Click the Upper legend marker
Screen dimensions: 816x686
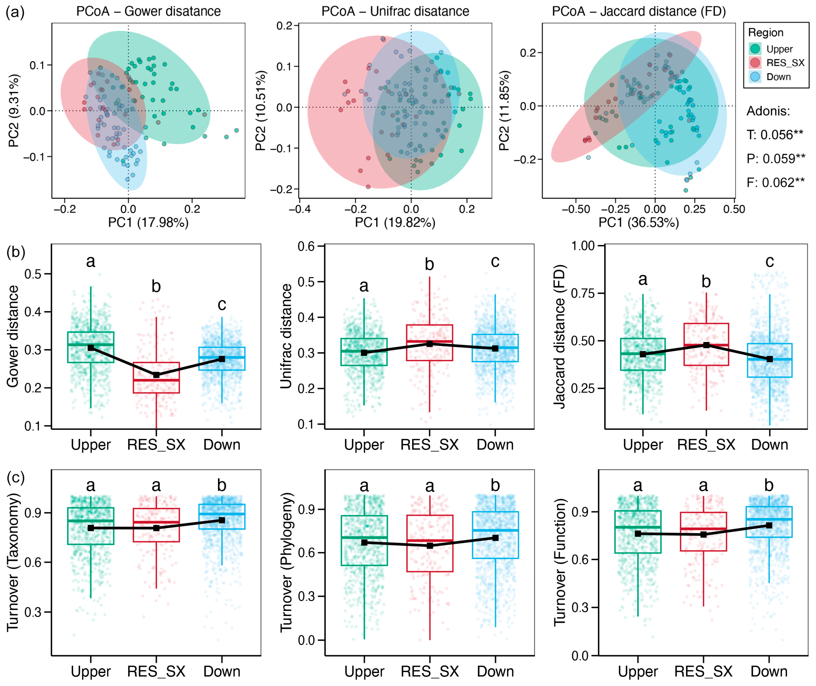(755, 49)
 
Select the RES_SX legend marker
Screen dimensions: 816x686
(755, 63)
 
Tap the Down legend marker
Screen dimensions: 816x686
(755, 77)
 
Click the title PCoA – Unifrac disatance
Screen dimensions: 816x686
(395, 11)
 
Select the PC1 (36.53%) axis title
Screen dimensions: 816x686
(638, 222)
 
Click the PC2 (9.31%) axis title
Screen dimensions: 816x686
(14, 110)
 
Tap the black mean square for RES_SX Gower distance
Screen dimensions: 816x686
(156, 375)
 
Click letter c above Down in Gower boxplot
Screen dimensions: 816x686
(222, 304)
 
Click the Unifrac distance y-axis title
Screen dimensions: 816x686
(286, 336)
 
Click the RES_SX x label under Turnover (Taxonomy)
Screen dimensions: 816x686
(156, 671)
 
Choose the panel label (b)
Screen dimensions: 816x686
(15, 252)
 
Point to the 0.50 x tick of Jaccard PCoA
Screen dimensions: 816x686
(734, 209)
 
